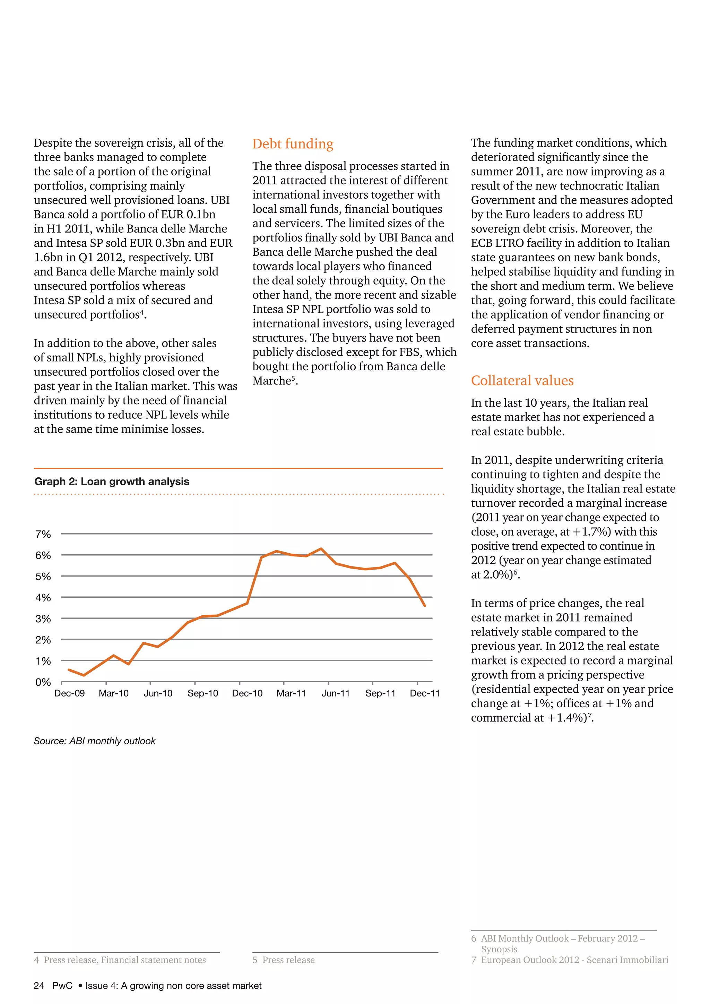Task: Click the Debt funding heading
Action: click(293, 144)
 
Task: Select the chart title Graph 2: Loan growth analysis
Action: click(112, 482)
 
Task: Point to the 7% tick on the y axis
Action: click(43, 534)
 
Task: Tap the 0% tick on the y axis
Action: click(43, 682)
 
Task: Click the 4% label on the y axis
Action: click(43, 598)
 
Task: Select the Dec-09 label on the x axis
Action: click(70, 693)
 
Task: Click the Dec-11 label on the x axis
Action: click(425, 693)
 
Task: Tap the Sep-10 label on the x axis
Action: click(202, 693)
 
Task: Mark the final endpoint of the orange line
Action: click(425, 606)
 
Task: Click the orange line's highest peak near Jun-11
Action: click(321, 548)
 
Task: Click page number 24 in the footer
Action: click(39, 986)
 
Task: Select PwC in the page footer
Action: click(62, 986)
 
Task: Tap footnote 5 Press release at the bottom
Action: click(283, 960)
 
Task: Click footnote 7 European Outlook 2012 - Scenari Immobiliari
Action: click(569, 960)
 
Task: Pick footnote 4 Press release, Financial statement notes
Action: click(120, 960)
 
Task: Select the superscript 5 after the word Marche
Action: click(293, 378)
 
